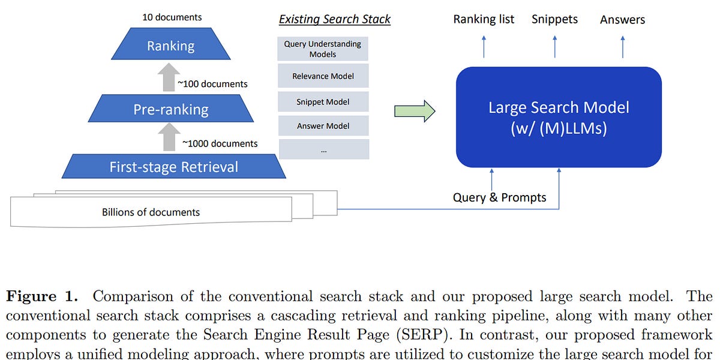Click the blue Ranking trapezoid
(171, 46)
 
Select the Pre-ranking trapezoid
(171, 109)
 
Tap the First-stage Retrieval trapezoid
(173, 166)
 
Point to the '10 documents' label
(171, 17)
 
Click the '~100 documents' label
(212, 84)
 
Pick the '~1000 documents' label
(220, 143)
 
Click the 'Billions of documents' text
(151, 212)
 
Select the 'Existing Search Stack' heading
(334, 19)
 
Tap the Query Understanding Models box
(323, 49)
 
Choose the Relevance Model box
(323, 76)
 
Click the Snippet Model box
(323, 101)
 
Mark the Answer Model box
(323, 126)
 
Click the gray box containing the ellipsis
(323, 150)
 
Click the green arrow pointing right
(414, 111)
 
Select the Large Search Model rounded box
(558, 117)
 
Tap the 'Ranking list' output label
(484, 19)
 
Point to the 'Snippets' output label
(554, 19)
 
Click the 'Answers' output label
(622, 20)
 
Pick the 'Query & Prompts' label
(499, 197)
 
